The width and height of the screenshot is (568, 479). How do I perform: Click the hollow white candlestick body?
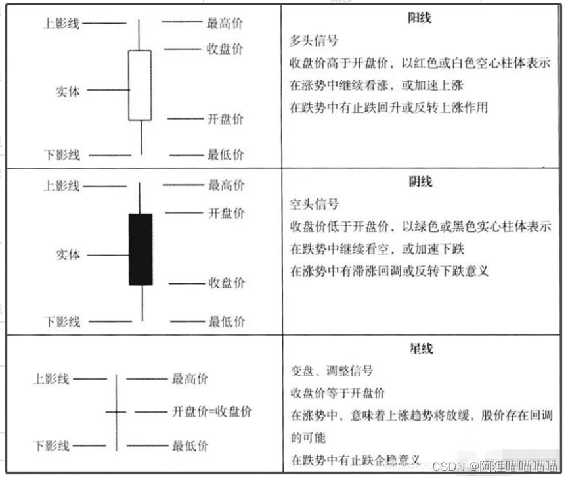tap(140, 85)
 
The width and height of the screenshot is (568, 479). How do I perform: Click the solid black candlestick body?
tap(141, 249)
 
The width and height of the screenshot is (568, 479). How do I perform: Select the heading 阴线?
tap(420, 182)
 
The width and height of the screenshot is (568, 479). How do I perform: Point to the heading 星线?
tap(420, 349)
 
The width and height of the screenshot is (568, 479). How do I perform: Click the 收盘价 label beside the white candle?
tap(225, 49)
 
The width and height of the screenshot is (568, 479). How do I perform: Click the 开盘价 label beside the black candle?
tap(226, 213)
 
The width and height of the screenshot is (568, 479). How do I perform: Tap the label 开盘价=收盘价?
tap(211, 412)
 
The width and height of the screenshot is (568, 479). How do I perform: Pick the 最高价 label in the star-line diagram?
tap(190, 379)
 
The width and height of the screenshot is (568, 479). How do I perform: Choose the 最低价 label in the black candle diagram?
tap(227, 322)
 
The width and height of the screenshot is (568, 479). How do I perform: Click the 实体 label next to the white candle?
tap(68, 91)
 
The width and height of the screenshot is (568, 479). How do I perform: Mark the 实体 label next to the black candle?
tap(68, 254)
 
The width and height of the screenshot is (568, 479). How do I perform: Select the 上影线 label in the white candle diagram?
tap(61, 24)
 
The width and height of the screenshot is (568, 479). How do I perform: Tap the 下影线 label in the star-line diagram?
tap(51, 446)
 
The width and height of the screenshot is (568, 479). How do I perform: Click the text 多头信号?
tap(314, 41)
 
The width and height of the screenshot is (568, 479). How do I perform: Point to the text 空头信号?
tap(314, 204)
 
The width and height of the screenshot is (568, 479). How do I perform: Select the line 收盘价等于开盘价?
tap(337, 393)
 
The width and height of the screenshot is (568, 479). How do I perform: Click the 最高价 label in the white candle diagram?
tap(225, 24)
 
